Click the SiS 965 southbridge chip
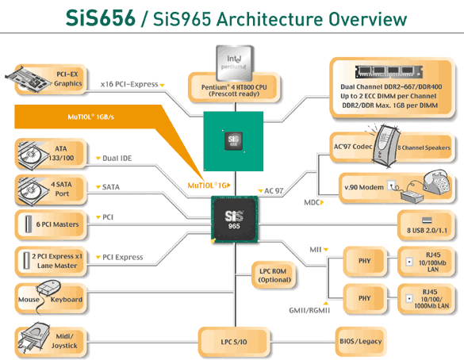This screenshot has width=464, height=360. pyautogui.click(x=234, y=220)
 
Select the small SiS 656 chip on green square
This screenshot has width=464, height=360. pyautogui.click(x=233, y=141)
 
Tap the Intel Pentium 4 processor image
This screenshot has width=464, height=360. pyautogui.click(x=234, y=63)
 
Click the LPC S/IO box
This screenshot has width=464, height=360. pyautogui.click(x=234, y=342)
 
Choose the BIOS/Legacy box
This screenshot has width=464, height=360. pyautogui.click(x=361, y=341)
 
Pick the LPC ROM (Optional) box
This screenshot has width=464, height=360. pyautogui.click(x=273, y=275)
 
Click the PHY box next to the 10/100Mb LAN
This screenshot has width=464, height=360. pyautogui.click(x=365, y=261)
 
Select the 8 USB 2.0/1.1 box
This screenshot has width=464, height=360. pyautogui.click(x=426, y=225)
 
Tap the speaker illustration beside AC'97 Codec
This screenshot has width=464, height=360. pyautogui.click(x=384, y=146)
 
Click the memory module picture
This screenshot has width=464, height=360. pyautogui.click(x=389, y=72)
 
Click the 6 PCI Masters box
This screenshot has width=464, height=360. pyautogui.click(x=51, y=224)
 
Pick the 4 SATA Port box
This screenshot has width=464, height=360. pyautogui.click(x=51, y=190)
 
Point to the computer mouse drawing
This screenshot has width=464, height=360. pyautogui.click(x=49, y=288)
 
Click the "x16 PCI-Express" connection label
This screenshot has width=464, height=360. pyautogui.click(x=129, y=84)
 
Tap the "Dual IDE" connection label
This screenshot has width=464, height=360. pyautogui.click(x=117, y=159)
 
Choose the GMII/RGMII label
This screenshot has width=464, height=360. pyautogui.click(x=309, y=310)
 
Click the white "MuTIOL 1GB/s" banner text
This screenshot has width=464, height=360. pyautogui.click(x=91, y=117)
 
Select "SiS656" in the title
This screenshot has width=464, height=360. pyautogui.click(x=100, y=18)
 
